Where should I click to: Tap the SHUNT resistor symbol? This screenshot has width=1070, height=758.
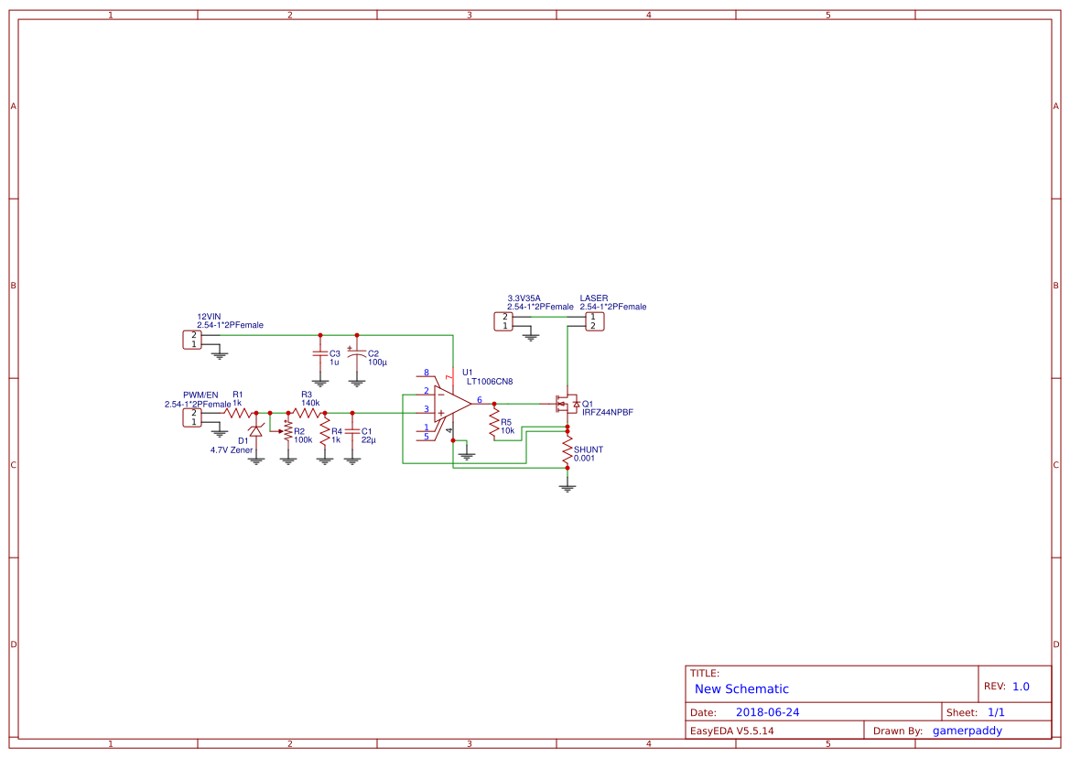[567, 450]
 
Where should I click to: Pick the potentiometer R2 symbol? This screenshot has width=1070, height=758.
[287, 430]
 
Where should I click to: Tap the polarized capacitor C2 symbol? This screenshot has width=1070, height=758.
[357, 353]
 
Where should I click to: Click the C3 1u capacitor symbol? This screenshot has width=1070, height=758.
[319, 353]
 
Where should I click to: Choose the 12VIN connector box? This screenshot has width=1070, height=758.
[192, 340]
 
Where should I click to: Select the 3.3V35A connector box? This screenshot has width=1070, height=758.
[503, 320]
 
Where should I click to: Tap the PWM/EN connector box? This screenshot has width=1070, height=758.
[192, 417]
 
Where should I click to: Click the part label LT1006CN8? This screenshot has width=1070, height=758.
[489, 382]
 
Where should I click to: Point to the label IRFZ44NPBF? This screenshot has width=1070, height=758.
[607, 413]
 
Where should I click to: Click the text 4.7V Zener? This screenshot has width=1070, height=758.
[231, 450]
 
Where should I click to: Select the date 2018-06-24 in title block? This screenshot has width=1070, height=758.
[767, 712]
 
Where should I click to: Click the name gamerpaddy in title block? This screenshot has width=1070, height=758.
[967, 731]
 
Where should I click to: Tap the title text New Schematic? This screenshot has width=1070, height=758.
[741, 689]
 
